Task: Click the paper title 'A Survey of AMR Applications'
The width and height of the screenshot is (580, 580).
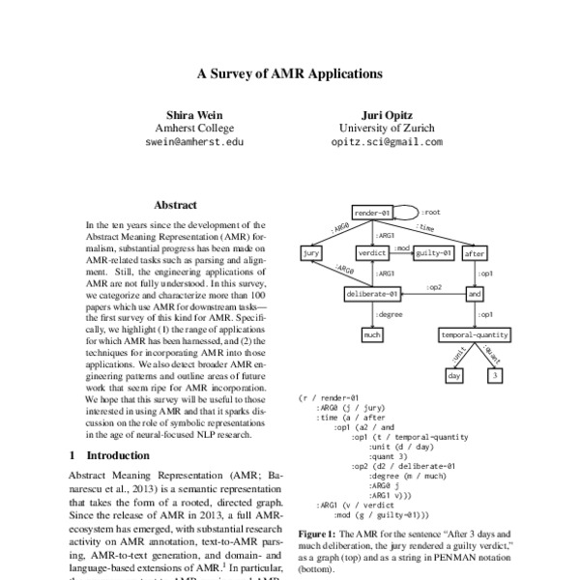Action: coord(290,72)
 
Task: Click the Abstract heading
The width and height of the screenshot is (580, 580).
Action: coord(175,205)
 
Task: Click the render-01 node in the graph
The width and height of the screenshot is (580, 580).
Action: coord(372,213)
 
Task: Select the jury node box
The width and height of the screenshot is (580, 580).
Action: coord(311,253)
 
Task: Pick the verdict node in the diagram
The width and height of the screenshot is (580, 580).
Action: coord(372,253)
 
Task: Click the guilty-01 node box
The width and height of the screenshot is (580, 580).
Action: coord(434,253)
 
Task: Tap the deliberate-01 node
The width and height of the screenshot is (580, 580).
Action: coord(372,294)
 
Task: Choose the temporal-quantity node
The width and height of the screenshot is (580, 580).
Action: coord(475,334)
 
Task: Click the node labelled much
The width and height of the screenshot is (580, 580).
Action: coord(372,334)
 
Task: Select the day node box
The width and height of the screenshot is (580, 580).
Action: coord(454,375)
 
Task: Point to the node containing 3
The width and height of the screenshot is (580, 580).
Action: coord(494,375)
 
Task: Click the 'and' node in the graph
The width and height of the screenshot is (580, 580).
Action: coord(475,294)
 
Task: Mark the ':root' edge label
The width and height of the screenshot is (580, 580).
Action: coord(432,212)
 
